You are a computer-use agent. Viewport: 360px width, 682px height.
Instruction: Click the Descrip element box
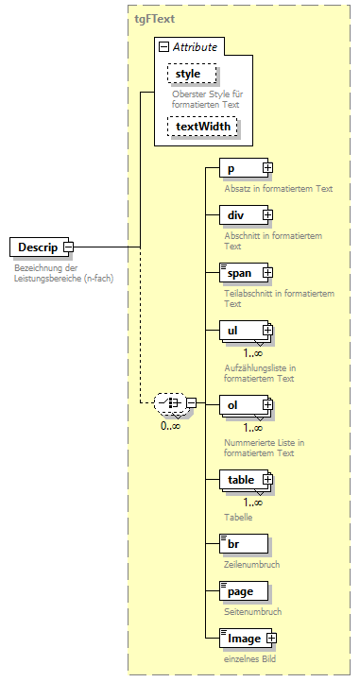point(34,247)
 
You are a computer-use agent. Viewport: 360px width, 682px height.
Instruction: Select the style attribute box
point(193,74)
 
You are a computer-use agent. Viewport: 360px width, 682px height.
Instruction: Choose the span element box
point(239,273)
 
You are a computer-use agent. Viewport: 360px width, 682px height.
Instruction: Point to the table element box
point(240,480)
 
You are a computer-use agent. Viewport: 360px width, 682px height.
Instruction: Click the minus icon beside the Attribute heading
point(164,46)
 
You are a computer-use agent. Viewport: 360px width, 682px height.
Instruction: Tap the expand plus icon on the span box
point(266,273)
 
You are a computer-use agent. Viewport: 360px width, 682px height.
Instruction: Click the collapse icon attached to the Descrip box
point(68,247)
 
